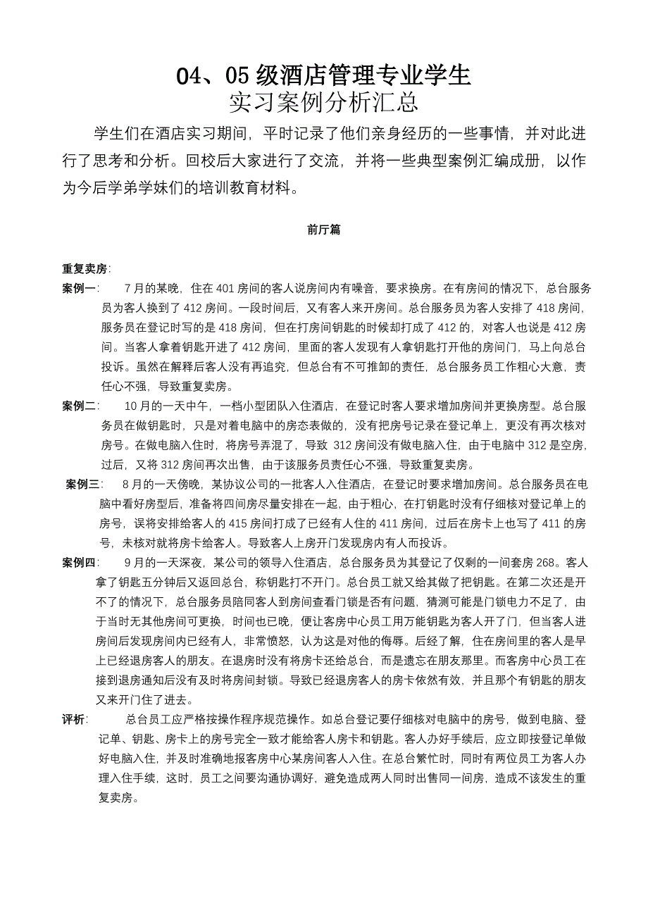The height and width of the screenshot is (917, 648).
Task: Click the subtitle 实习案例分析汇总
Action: [x=323, y=103]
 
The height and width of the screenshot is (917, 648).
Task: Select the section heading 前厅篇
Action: [x=324, y=230]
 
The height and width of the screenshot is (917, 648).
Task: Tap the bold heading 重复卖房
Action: [x=85, y=269]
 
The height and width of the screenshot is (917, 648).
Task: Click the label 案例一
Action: [x=80, y=288]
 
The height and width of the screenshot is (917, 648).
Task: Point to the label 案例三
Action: [x=83, y=484]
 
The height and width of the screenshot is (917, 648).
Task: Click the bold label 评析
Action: [x=74, y=719]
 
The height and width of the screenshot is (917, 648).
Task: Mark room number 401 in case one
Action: [x=225, y=288]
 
